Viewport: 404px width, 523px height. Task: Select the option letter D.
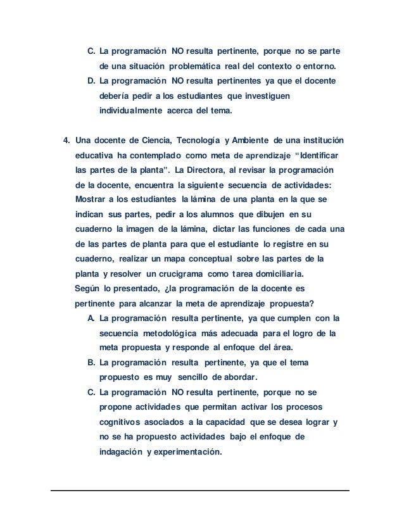91,82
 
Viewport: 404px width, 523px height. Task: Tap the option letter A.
91,318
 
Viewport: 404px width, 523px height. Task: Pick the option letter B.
91,363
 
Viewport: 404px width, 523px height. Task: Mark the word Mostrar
91,199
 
